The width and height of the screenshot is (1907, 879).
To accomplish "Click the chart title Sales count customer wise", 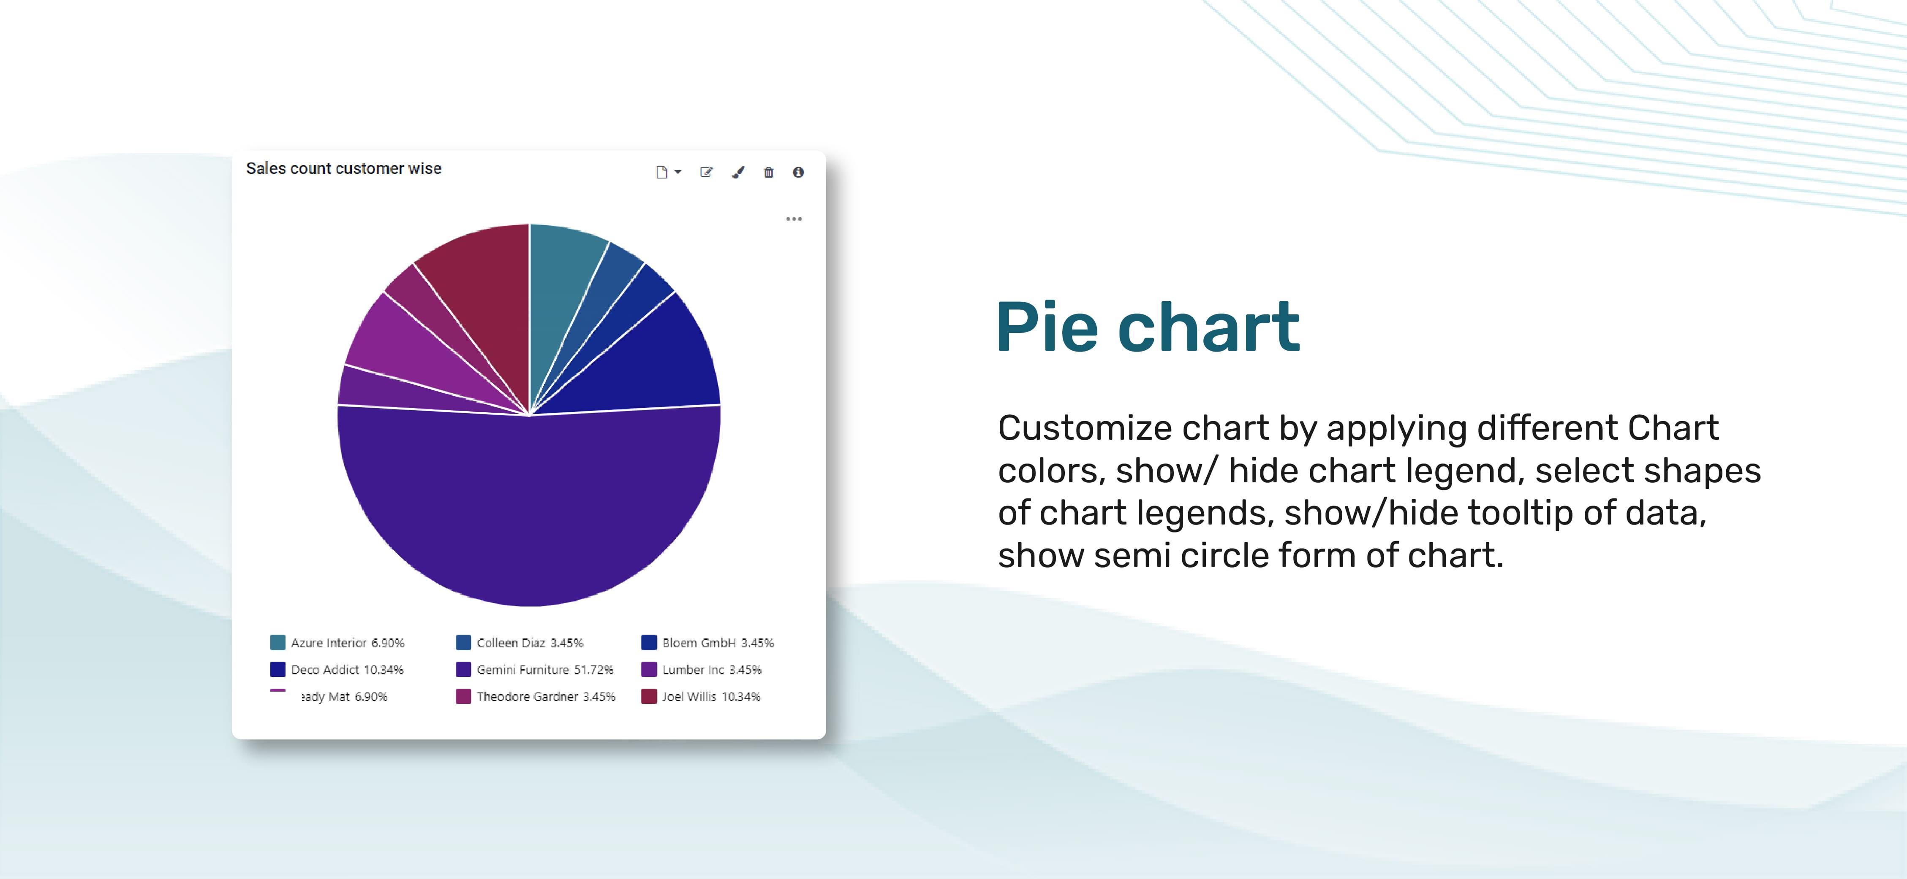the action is click(343, 169).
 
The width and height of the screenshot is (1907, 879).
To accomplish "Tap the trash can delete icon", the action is click(768, 173).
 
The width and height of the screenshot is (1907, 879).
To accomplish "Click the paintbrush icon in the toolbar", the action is click(738, 173).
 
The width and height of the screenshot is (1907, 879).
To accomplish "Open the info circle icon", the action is click(798, 173).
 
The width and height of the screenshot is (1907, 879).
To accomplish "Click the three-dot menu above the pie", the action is click(794, 219).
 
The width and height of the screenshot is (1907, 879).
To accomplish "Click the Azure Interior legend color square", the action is click(277, 642).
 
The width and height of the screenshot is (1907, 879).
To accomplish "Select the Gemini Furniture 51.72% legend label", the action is click(545, 670).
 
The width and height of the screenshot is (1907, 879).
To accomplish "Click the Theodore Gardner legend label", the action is click(546, 696).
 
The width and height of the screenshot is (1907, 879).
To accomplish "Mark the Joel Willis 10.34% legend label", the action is click(711, 696).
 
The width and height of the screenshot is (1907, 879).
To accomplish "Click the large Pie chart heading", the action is click(1148, 327).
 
